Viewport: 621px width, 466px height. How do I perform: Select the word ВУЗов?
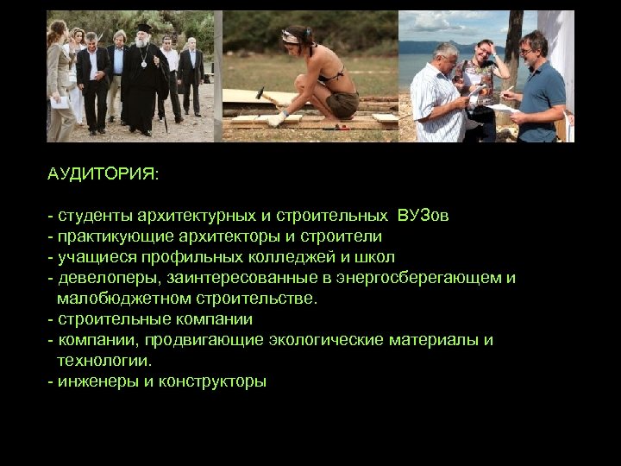423,215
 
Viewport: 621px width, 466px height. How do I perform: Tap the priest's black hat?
145,28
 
